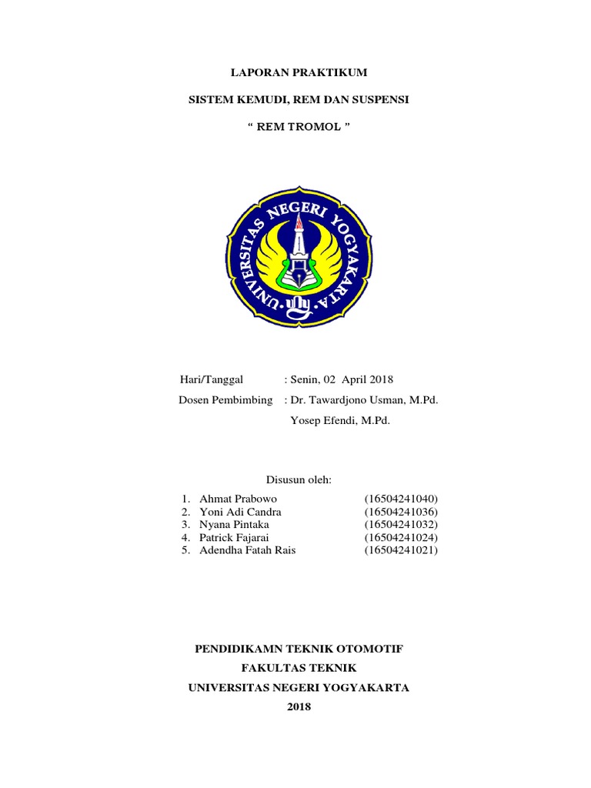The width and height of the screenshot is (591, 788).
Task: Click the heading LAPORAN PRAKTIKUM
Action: coord(299,73)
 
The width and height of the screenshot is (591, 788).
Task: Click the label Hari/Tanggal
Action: coord(210,379)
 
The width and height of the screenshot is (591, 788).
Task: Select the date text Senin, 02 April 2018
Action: coord(341,379)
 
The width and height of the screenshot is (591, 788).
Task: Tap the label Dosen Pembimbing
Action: coord(225,400)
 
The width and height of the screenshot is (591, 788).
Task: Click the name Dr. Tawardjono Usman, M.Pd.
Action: coord(364,400)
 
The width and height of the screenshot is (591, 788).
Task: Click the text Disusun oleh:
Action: coord(299,480)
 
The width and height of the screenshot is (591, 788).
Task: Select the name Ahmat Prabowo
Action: coord(238,499)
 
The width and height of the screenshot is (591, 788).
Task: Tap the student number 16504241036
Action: coord(401,512)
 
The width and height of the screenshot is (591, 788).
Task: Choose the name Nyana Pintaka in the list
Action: coord(234,525)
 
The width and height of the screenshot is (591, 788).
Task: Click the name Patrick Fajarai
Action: coord(235,537)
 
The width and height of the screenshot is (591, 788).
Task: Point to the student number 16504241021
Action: coord(401,550)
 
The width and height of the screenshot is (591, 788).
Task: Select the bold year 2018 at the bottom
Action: coord(299,707)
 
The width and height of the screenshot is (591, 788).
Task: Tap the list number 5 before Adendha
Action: coord(185,550)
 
